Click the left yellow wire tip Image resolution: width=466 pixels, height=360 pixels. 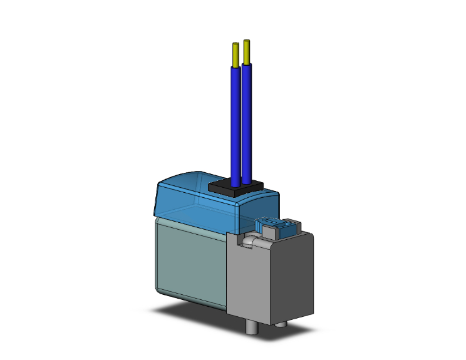coord(236,55)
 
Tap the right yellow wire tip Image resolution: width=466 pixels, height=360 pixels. coord(247,51)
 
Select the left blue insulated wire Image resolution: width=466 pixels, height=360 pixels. coord(236,125)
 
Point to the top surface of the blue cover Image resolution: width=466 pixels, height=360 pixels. coord(188,182)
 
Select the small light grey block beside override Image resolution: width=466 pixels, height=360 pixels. coord(269,231)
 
